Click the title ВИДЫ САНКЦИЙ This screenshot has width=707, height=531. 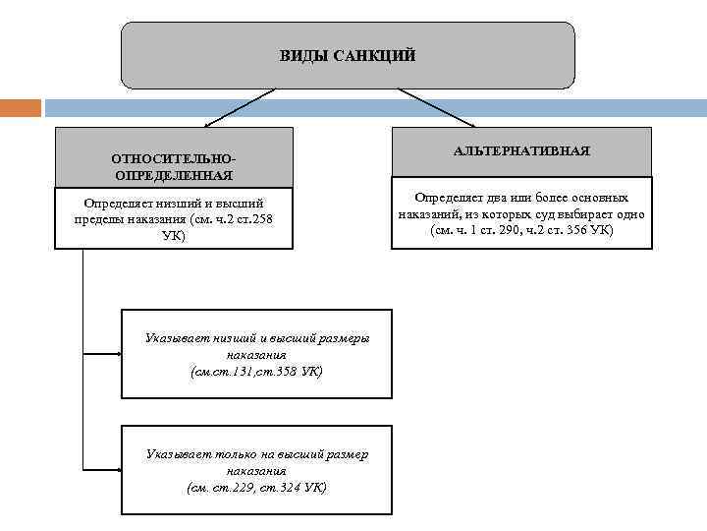pyautogui.click(x=348, y=55)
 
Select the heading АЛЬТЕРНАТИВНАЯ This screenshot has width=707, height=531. pyautogui.click(x=521, y=150)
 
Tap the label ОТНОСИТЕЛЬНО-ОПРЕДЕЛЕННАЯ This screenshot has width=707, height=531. pyautogui.click(x=174, y=166)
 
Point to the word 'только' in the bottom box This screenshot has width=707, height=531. pyautogui.click(x=231, y=454)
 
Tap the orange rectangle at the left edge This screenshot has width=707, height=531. pyautogui.click(x=21, y=107)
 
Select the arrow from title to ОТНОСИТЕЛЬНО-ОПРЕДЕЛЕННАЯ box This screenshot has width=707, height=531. pyautogui.click(x=241, y=107)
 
